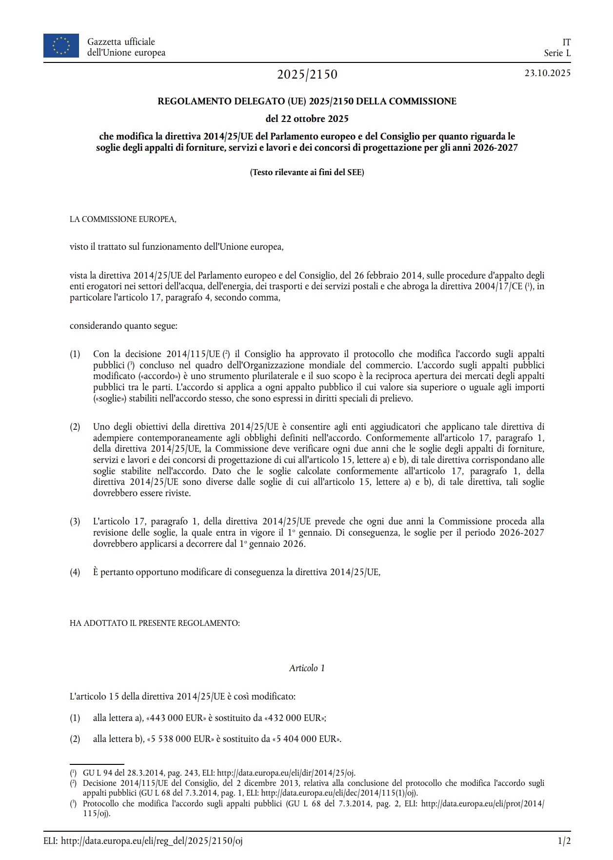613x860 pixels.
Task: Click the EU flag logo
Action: coord(61,45)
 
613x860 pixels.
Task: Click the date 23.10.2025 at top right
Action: coord(547,73)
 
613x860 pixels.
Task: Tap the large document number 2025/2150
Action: coord(307,74)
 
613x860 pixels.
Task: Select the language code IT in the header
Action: coord(566,42)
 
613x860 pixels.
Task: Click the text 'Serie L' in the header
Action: coord(557,53)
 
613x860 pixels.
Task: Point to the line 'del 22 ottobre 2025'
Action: coord(307,119)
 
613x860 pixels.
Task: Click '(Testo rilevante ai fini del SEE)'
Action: coord(307,172)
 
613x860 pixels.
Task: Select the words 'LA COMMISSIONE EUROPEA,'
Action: coord(123,220)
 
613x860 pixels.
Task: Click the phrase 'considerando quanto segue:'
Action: coord(123,325)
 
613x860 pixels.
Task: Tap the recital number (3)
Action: coord(75,521)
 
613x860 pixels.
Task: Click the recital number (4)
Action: coord(75,572)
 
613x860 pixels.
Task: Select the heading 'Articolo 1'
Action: coord(307,668)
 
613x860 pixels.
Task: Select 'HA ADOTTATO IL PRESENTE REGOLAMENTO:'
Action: coord(155,623)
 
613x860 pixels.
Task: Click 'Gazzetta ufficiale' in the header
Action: coord(121,42)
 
